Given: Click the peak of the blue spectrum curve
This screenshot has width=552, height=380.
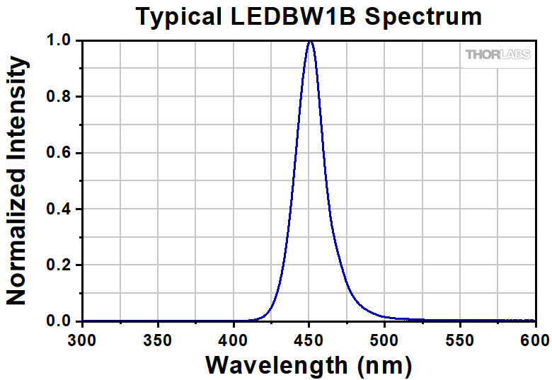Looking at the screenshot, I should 310,42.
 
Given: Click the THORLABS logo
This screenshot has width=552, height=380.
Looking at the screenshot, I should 497,54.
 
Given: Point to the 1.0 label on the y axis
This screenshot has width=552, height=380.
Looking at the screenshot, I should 59,41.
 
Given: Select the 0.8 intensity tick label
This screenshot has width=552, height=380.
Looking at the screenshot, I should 59,97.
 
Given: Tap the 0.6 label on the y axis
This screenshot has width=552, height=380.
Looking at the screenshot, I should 59,153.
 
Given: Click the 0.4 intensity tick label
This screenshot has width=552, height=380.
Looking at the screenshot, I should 59,209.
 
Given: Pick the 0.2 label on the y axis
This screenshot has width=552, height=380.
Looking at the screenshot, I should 59,265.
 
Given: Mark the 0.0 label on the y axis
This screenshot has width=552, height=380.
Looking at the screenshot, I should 59,321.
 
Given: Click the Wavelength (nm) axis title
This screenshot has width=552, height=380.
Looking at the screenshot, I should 309,364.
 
